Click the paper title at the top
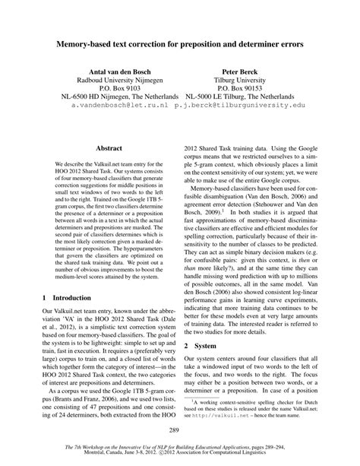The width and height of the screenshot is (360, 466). (x=179, y=46)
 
